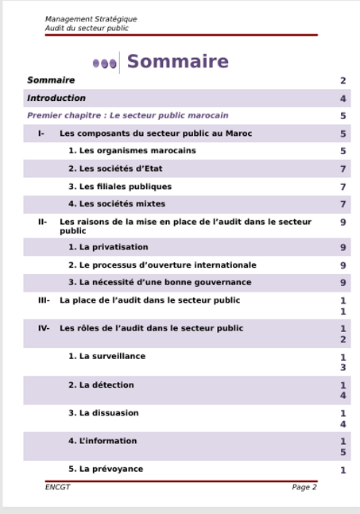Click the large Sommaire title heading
(177, 62)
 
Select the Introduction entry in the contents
(56, 99)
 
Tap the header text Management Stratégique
(91, 19)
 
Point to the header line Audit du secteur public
(87, 28)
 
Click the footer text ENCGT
(57, 487)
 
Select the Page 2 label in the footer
(304, 487)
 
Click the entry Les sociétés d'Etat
(115, 168)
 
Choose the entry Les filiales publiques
(119, 187)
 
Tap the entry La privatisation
(108, 247)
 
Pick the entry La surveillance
(106, 357)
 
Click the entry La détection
(101, 385)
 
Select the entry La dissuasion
(103, 413)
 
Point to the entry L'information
(103, 441)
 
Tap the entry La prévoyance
(106, 469)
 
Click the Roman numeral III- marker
(44, 301)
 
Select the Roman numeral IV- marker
(44, 328)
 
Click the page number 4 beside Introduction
(343, 99)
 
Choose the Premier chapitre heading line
(127, 115)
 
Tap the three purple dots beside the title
(105, 63)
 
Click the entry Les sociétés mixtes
(117, 204)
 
